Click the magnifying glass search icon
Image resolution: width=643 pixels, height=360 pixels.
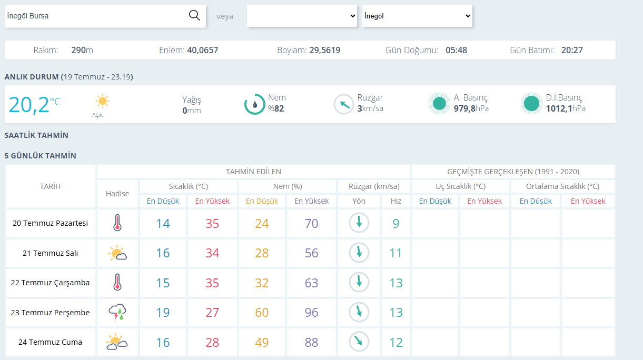(194, 15)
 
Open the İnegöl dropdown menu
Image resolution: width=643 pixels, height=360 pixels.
(417, 16)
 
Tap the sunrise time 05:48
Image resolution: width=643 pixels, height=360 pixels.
(456, 50)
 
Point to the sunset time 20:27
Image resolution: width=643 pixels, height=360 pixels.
(572, 50)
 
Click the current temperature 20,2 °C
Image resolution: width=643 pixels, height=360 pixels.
(35, 104)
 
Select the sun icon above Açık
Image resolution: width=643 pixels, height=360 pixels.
(102, 101)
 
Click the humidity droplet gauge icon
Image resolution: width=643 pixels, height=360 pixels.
(254, 104)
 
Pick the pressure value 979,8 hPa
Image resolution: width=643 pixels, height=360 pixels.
(471, 108)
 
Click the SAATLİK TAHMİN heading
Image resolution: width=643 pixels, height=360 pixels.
(36, 135)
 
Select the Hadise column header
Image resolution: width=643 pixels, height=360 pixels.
(117, 194)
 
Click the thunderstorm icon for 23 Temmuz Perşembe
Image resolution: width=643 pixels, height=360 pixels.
(117, 312)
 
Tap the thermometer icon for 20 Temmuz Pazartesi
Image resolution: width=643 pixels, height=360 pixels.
(117, 223)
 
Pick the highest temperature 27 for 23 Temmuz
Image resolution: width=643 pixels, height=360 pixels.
(212, 313)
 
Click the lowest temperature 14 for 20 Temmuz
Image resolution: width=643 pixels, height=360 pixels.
(163, 224)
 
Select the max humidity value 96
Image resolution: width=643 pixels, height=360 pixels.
(311, 313)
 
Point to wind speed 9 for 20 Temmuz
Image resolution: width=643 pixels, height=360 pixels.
(396, 224)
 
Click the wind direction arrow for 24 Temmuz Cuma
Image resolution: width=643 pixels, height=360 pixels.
(359, 342)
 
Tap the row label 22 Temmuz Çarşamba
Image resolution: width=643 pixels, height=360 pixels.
(50, 283)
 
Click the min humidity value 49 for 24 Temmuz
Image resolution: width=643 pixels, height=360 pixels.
(262, 342)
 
